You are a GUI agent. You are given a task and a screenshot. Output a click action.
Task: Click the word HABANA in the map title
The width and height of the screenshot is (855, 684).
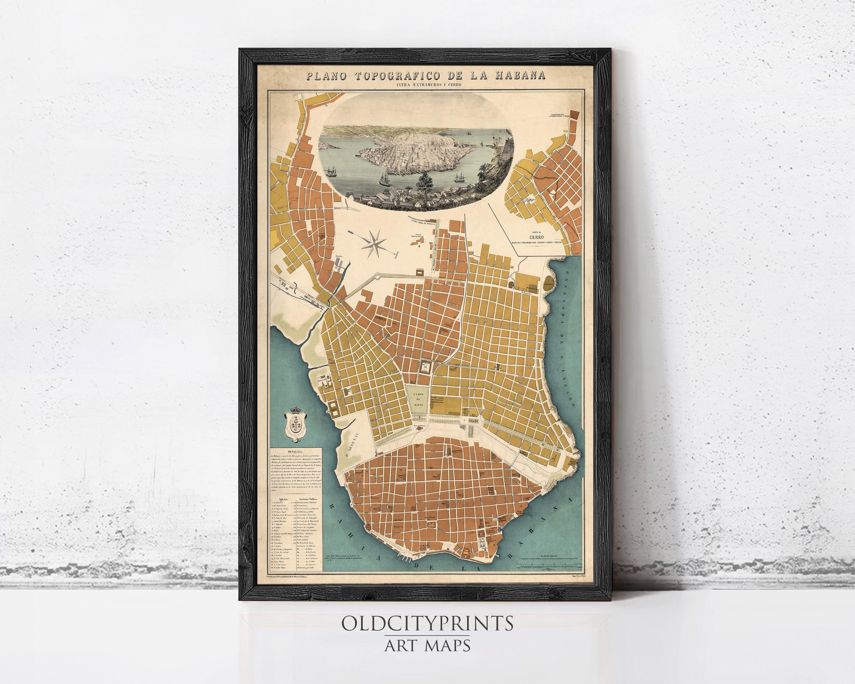(x=515, y=76)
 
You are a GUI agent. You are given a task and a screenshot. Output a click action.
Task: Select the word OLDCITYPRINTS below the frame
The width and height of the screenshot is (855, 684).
(x=427, y=624)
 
